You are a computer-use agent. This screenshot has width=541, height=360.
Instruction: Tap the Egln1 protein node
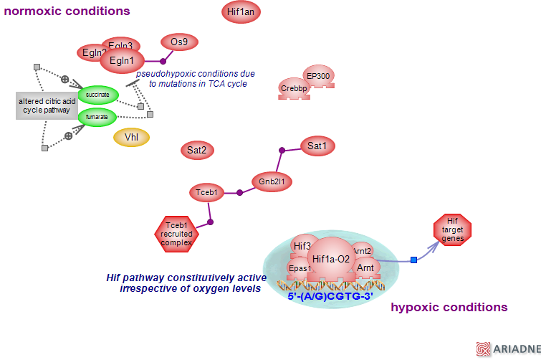coord(122,61)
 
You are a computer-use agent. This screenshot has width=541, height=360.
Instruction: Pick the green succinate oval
coord(97,95)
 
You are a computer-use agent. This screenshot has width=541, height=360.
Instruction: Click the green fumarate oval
coord(97,116)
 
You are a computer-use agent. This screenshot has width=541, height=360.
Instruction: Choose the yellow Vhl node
coord(132,137)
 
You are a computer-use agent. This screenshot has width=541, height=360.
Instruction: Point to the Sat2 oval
coord(197,151)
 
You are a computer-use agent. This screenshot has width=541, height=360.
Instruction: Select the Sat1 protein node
coord(317,146)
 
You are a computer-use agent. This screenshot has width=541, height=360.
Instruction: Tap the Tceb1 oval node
coord(206,192)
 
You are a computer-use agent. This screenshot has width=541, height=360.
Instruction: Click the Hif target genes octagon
coord(452,229)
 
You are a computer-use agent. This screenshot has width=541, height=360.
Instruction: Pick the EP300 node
coord(317,76)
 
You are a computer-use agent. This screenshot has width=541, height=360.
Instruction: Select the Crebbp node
coord(294,88)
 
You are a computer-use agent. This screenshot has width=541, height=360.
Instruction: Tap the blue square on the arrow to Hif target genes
coord(413,260)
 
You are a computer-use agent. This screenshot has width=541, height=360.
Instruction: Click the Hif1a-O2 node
coord(330,259)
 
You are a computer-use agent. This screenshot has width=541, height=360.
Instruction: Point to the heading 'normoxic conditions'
coord(67,11)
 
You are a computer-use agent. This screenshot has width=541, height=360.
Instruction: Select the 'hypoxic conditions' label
coord(449,308)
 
